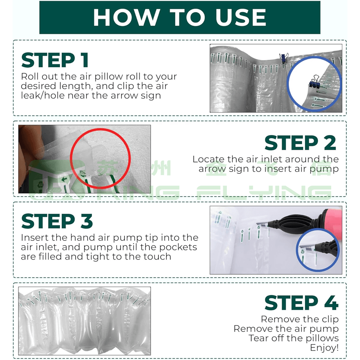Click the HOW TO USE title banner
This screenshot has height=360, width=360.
coord(180,18)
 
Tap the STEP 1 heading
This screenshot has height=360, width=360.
coord(55,60)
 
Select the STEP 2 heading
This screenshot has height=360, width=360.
coord(300,143)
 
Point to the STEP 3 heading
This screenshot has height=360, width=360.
coord(57,221)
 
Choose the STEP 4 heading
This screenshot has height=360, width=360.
coord(301,303)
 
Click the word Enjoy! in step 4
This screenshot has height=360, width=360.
coord(324,348)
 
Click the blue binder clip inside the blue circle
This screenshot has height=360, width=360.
coord(314,82)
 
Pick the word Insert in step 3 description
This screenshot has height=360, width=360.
coord(35,238)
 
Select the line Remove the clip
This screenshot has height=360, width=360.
coord(300,319)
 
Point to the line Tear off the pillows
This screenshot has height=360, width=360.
coord(294,338)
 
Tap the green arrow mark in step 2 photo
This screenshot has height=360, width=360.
coord(64,178)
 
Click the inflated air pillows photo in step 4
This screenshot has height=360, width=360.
coord(85,321)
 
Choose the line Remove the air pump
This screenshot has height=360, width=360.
coord(286,329)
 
